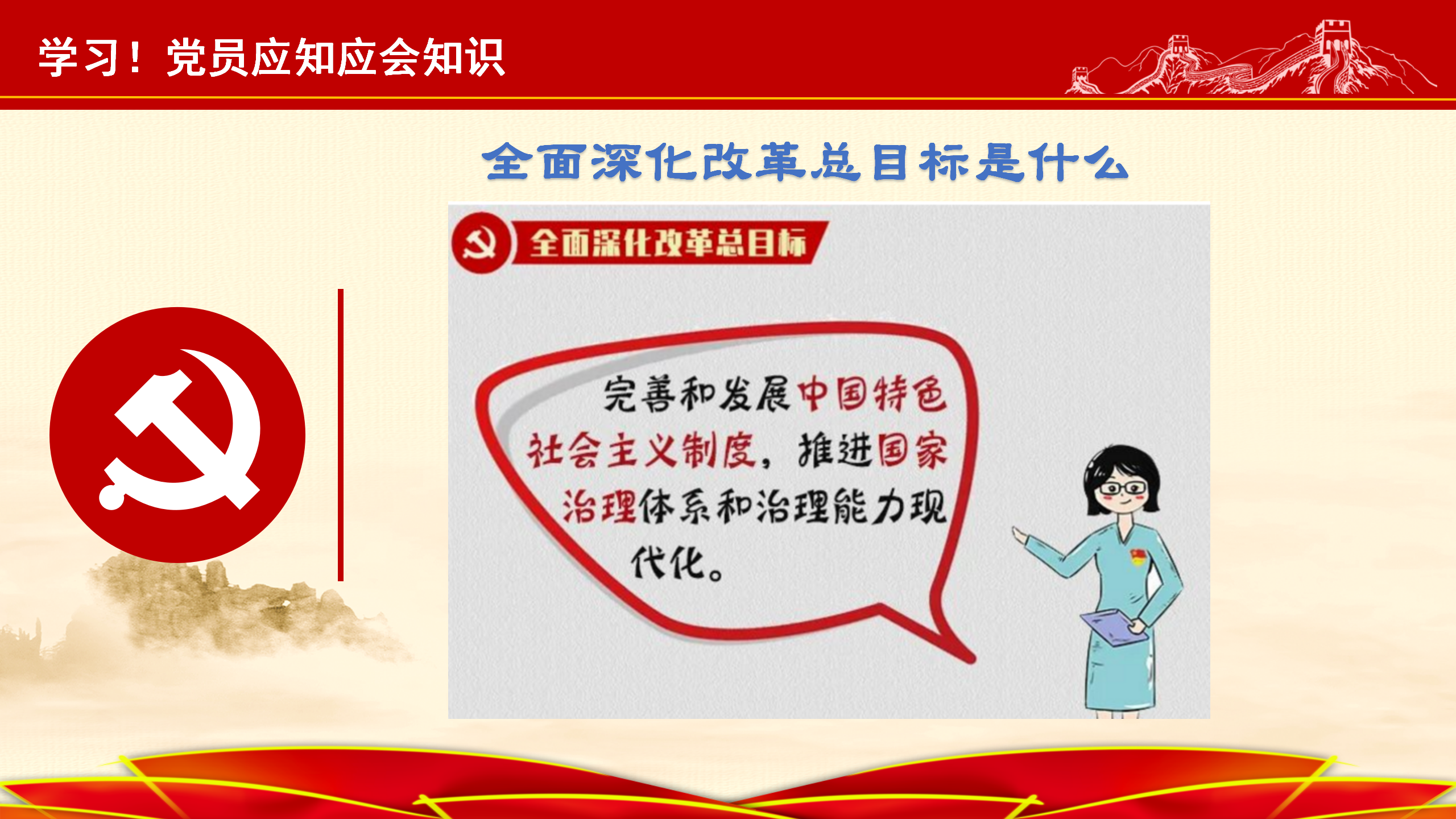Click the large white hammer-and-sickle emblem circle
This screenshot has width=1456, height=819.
[x=177, y=435]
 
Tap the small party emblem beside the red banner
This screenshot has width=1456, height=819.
[x=481, y=243]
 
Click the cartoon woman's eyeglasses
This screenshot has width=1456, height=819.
[x=1122, y=488]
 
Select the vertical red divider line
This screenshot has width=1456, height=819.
[x=341, y=435]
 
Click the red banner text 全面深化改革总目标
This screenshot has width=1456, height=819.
[x=669, y=243]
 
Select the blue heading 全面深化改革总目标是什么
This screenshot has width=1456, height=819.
[x=805, y=162]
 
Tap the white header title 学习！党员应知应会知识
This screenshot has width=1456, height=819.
[x=272, y=57]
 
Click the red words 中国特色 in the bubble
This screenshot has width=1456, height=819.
[x=872, y=394]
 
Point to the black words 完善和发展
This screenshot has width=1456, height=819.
[x=697, y=394]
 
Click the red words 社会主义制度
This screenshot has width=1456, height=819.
[x=642, y=450]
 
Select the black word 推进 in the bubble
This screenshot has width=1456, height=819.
[x=835, y=450]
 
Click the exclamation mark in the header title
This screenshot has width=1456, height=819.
[x=135, y=57]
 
